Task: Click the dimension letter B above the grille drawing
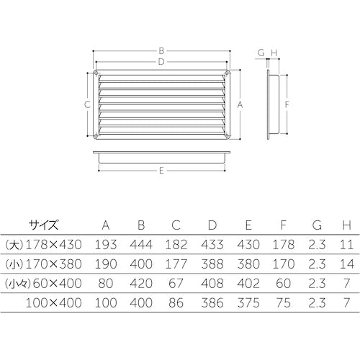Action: [163, 50]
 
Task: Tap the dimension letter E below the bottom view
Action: [163, 171]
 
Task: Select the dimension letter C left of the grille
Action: [86, 104]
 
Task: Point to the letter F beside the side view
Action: [287, 104]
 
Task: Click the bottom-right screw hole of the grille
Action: [229, 135]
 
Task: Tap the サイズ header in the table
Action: [44, 224]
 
